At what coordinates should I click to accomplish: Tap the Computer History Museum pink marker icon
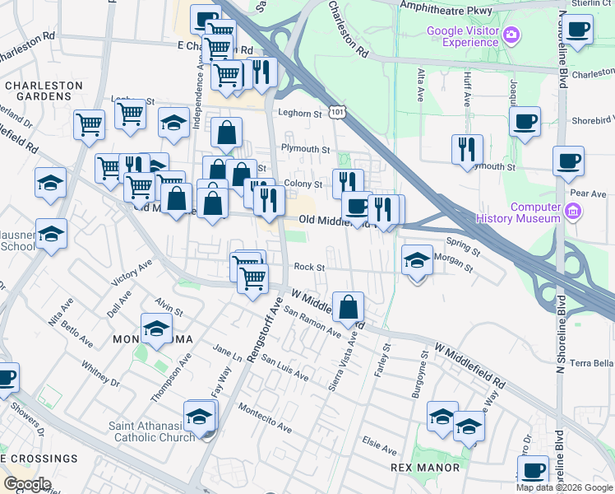click(573, 212)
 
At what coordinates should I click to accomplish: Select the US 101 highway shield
click(336, 110)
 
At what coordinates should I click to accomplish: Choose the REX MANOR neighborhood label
click(425, 468)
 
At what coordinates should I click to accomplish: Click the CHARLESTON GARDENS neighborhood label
click(44, 91)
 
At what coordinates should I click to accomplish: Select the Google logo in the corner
click(27, 484)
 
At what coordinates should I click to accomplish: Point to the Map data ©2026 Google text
click(563, 487)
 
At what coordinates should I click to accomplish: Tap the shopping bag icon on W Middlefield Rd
click(349, 307)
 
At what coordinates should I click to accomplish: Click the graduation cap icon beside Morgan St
click(417, 260)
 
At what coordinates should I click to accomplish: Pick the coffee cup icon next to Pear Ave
click(568, 161)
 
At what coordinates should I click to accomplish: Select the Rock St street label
click(310, 267)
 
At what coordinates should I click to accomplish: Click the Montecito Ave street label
click(265, 417)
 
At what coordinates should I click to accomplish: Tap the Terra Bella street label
click(592, 363)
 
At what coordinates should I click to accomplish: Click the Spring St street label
click(462, 243)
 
